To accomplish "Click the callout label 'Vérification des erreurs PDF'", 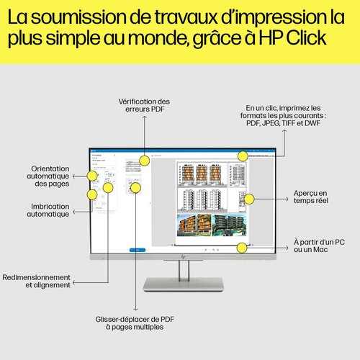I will coord(144,105).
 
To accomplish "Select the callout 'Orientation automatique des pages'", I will coord(50,175).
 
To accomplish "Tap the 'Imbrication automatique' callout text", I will coord(50,210).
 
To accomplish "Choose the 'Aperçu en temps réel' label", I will coord(310,197).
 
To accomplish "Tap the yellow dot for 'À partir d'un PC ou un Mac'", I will coord(243,248).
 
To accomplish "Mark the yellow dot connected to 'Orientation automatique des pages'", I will coord(92,175).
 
